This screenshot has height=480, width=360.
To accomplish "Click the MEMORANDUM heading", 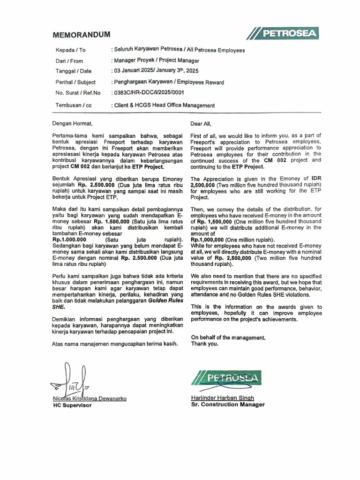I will tap(81, 35).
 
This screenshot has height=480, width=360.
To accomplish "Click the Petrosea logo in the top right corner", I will tap(284, 34).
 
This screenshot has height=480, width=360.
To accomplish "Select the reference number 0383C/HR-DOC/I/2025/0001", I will tap(148, 92).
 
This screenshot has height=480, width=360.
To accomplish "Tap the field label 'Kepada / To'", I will tap(71, 50).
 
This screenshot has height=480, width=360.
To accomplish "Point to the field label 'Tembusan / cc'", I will tap(74, 105).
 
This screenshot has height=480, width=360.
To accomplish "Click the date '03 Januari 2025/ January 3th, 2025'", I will tap(155, 71).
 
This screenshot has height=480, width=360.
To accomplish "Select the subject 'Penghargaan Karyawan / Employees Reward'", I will tap(168, 82).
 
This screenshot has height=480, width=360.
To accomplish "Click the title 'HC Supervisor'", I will tap(72, 405).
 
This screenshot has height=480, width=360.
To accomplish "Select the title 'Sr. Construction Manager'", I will tap(228, 405).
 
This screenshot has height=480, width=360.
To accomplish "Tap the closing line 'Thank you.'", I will tap(204, 344).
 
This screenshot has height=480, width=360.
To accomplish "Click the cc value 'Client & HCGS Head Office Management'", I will tap(163, 105).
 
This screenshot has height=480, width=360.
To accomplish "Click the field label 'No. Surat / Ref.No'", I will tap(78, 93).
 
